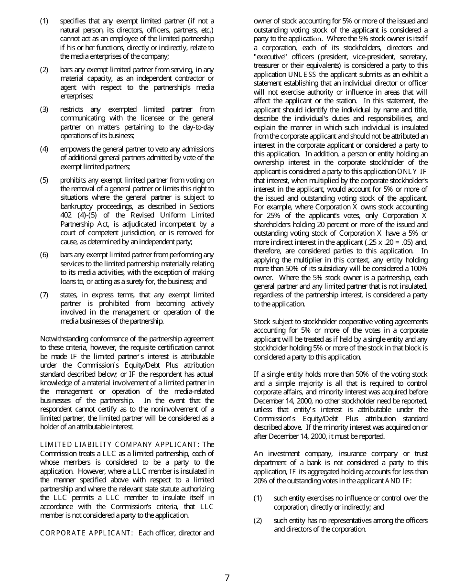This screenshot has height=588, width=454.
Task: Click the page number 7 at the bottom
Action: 227,577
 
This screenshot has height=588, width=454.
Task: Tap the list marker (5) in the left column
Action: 44,180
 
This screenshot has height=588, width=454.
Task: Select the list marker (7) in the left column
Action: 44,294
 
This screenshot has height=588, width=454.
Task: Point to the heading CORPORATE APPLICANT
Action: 86,533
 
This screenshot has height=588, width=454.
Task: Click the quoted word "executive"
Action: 270,56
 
